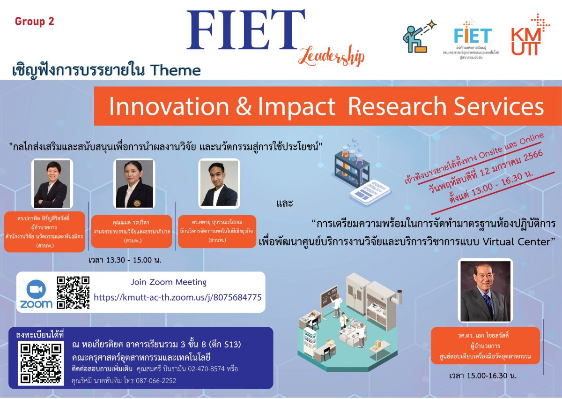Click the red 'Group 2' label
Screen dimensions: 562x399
(34, 22)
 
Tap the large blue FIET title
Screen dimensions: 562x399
(245, 30)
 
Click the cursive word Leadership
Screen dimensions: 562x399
(332, 56)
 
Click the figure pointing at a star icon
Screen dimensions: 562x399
(419, 37)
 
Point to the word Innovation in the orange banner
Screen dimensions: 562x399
(168, 107)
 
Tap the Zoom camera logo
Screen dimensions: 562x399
(36, 294)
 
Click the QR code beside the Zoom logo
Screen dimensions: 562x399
(73, 293)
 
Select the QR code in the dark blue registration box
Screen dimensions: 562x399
(41, 363)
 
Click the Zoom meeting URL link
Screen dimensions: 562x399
(177, 297)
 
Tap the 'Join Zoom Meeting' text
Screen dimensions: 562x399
(168, 282)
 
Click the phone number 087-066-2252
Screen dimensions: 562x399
(156, 381)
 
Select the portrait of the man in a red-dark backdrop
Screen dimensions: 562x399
(486, 291)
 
